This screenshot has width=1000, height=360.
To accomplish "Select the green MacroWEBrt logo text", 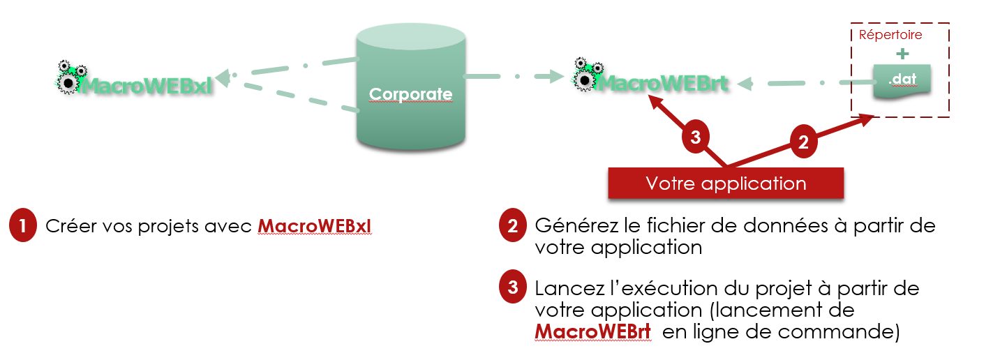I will point(664,83).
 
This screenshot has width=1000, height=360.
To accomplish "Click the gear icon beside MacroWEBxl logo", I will point(68,77).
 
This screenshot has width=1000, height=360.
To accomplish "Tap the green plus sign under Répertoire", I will point(904,54).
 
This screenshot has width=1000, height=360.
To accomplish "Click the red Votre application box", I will point(726,183).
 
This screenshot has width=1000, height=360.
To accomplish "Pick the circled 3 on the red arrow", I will point(695,138).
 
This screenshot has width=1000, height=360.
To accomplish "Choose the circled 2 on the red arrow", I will point(803,142).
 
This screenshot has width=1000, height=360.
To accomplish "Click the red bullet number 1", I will point(23,227).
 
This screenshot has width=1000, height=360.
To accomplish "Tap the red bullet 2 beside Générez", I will point(513,226).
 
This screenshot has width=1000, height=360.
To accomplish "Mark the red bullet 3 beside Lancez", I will point(513,287).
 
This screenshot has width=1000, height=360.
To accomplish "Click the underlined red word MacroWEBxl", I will point(315,227).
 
